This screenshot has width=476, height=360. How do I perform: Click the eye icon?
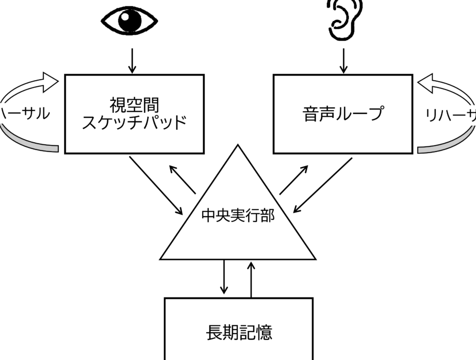(x=129, y=21)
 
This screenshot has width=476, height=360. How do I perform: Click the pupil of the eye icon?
(x=130, y=21)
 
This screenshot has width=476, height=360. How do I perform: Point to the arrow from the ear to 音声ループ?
(x=343, y=61)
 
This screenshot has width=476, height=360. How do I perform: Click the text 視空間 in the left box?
(x=134, y=105)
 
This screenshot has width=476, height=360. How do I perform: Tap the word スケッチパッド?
(x=134, y=124)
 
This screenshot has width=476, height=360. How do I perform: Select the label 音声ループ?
(x=343, y=114)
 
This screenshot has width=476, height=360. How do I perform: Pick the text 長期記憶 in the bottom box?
(x=239, y=332)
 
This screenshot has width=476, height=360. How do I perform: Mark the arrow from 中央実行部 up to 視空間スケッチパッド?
(x=182, y=180)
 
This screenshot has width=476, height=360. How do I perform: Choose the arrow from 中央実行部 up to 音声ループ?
(x=294, y=180)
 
